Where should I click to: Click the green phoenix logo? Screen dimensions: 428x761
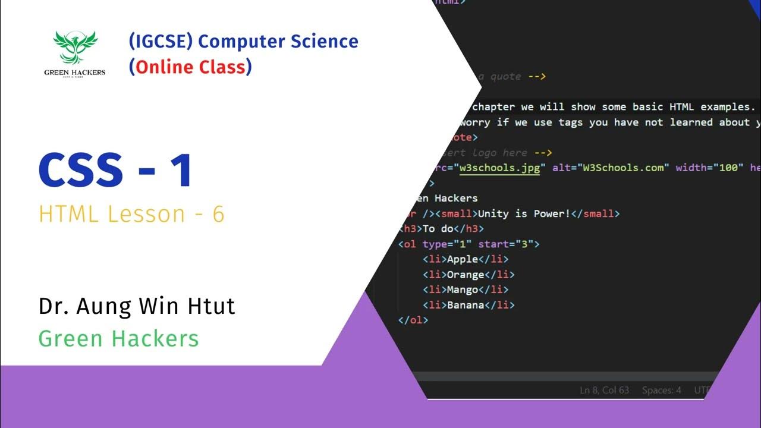coord(74,48)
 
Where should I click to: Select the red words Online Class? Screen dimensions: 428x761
coord(190,67)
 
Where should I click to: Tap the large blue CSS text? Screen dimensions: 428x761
coord(81,171)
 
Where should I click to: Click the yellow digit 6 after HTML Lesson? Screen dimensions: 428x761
coord(218,214)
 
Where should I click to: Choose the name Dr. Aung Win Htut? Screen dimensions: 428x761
coord(137,306)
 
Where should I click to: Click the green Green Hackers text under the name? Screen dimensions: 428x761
coord(118,339)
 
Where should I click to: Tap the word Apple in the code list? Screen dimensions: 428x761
coord(463,259)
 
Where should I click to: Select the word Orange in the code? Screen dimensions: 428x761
coord(466,275)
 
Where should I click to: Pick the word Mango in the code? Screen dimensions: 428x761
coord(463,290)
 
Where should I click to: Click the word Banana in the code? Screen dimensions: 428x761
coord(466,306)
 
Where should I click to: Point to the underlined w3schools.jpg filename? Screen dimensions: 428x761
coord(499,168)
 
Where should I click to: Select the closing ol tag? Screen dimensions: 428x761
coord(413,320)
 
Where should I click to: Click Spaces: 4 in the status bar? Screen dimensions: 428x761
coord(662,391)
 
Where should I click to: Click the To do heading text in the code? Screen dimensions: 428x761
coord(438,229)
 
